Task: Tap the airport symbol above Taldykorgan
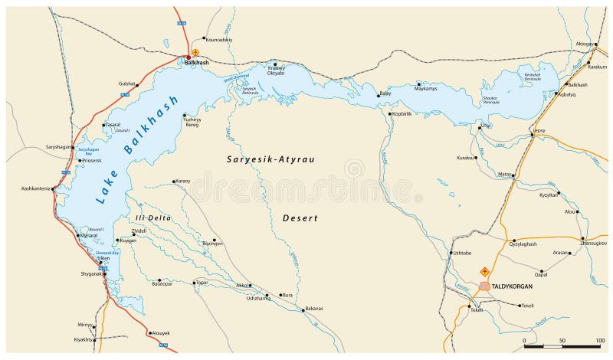[x=484, y=272]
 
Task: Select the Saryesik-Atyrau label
[x=271, y=159]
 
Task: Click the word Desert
[x=300, y=218]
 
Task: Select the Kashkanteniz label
[x=35, y=188]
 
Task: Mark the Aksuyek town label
[x=162, y=333]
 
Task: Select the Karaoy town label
[x=182, y=181]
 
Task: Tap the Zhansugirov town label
[x=594, y=244]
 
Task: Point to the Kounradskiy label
[x=218, y=39]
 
